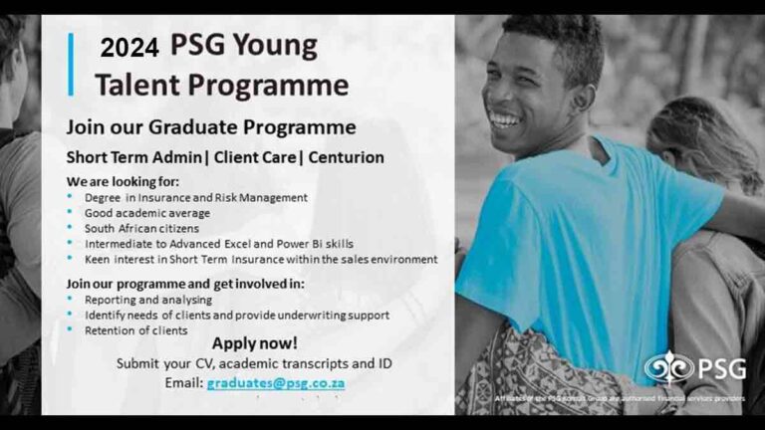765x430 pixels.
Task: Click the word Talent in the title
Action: click(x=137, y=85)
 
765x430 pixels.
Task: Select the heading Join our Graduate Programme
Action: click(x=210, y=127)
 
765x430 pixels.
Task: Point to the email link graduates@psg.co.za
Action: click(x=277, y=382)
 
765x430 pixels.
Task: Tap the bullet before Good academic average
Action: click(x=70, y=213)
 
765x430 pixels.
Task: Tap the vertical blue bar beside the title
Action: click(x=71, y=65)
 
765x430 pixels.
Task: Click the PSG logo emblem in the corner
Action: click(x=668, y=369)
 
